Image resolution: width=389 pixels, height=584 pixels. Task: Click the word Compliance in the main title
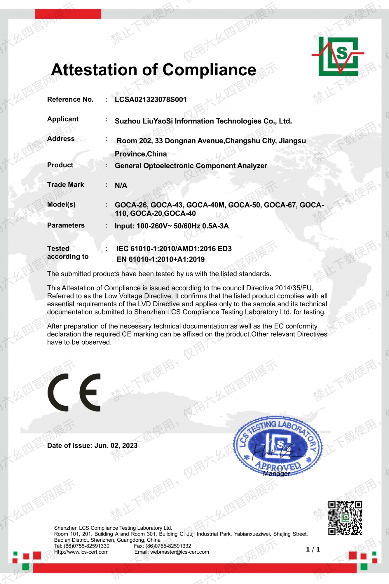209,70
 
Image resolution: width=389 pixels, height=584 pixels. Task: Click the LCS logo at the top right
339,56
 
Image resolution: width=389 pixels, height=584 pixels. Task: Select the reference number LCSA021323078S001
151,100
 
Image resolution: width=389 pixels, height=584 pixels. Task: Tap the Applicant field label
63,119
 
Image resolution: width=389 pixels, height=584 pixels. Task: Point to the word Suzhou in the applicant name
128,121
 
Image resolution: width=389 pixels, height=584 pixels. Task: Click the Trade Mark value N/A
121,186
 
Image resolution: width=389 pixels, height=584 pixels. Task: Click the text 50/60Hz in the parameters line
187,226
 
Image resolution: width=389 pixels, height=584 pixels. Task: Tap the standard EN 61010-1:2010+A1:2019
161,259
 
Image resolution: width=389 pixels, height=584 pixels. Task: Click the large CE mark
74,392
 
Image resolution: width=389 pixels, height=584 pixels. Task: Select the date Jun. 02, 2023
116,446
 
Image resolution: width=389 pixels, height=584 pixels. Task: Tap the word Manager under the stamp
276,474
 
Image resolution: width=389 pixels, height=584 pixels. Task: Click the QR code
345,518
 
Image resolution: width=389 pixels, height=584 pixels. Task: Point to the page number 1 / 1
313,550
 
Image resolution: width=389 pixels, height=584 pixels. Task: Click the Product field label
60,165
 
